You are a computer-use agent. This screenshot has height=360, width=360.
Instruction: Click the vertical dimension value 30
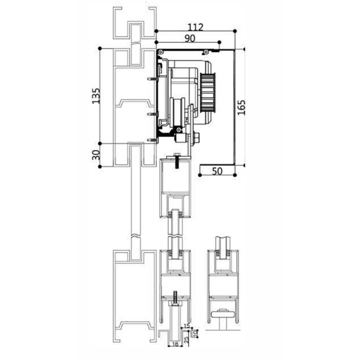96,154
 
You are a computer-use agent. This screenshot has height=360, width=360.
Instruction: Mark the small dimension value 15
186,326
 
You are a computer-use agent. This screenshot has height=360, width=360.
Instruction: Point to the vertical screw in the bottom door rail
175,298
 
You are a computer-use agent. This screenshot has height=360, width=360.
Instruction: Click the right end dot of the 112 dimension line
239,31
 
